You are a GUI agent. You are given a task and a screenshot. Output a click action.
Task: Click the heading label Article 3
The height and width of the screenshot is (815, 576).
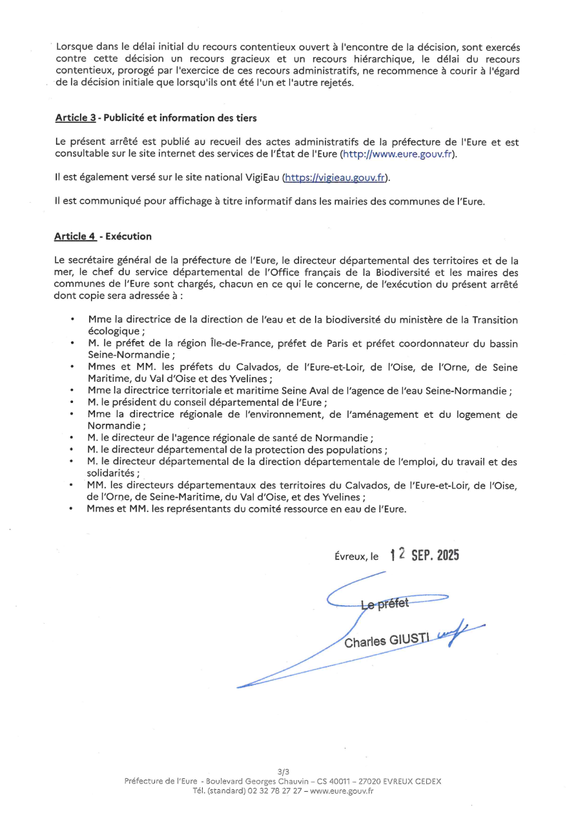pyautogui.click(x=75, y=118)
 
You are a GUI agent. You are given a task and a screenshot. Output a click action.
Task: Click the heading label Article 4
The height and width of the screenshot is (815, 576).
pyautogui.click(x=75, y=237)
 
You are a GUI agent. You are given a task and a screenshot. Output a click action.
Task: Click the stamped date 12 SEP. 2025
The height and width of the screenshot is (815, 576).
pyautogui.click(x=424, y=555)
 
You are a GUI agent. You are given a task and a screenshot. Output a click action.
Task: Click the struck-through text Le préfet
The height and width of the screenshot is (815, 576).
pyautogui.click(x=385, y=604)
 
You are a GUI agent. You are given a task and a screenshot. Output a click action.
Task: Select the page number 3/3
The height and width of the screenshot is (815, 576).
pyautogui.click(x=283, y=771)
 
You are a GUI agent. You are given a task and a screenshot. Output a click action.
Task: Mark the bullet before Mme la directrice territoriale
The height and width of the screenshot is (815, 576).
pyautogui.click(x=72, y=391)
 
